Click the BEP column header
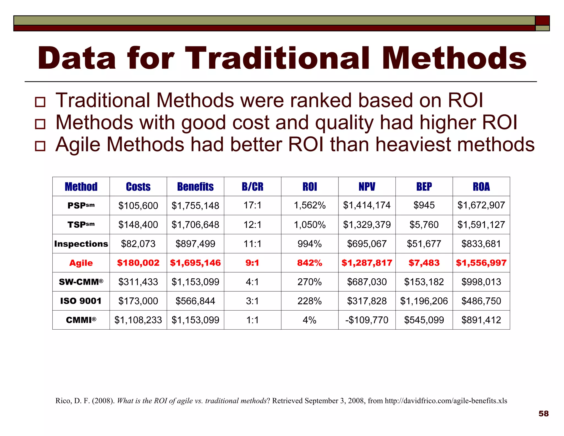424,187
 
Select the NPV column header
367,187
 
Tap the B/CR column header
253,187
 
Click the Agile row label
81,263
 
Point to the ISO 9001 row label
81,301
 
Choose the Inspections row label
81,244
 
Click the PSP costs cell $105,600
138,206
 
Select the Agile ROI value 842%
310,263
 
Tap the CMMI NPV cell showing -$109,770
367,320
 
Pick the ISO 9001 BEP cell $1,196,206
424,301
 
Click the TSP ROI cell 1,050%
310,225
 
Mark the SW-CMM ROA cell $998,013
481,282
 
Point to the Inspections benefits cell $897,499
195,244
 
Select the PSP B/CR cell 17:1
253,205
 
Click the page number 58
543,414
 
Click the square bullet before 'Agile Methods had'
40,146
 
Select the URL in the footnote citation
446,401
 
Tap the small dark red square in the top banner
542,20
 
